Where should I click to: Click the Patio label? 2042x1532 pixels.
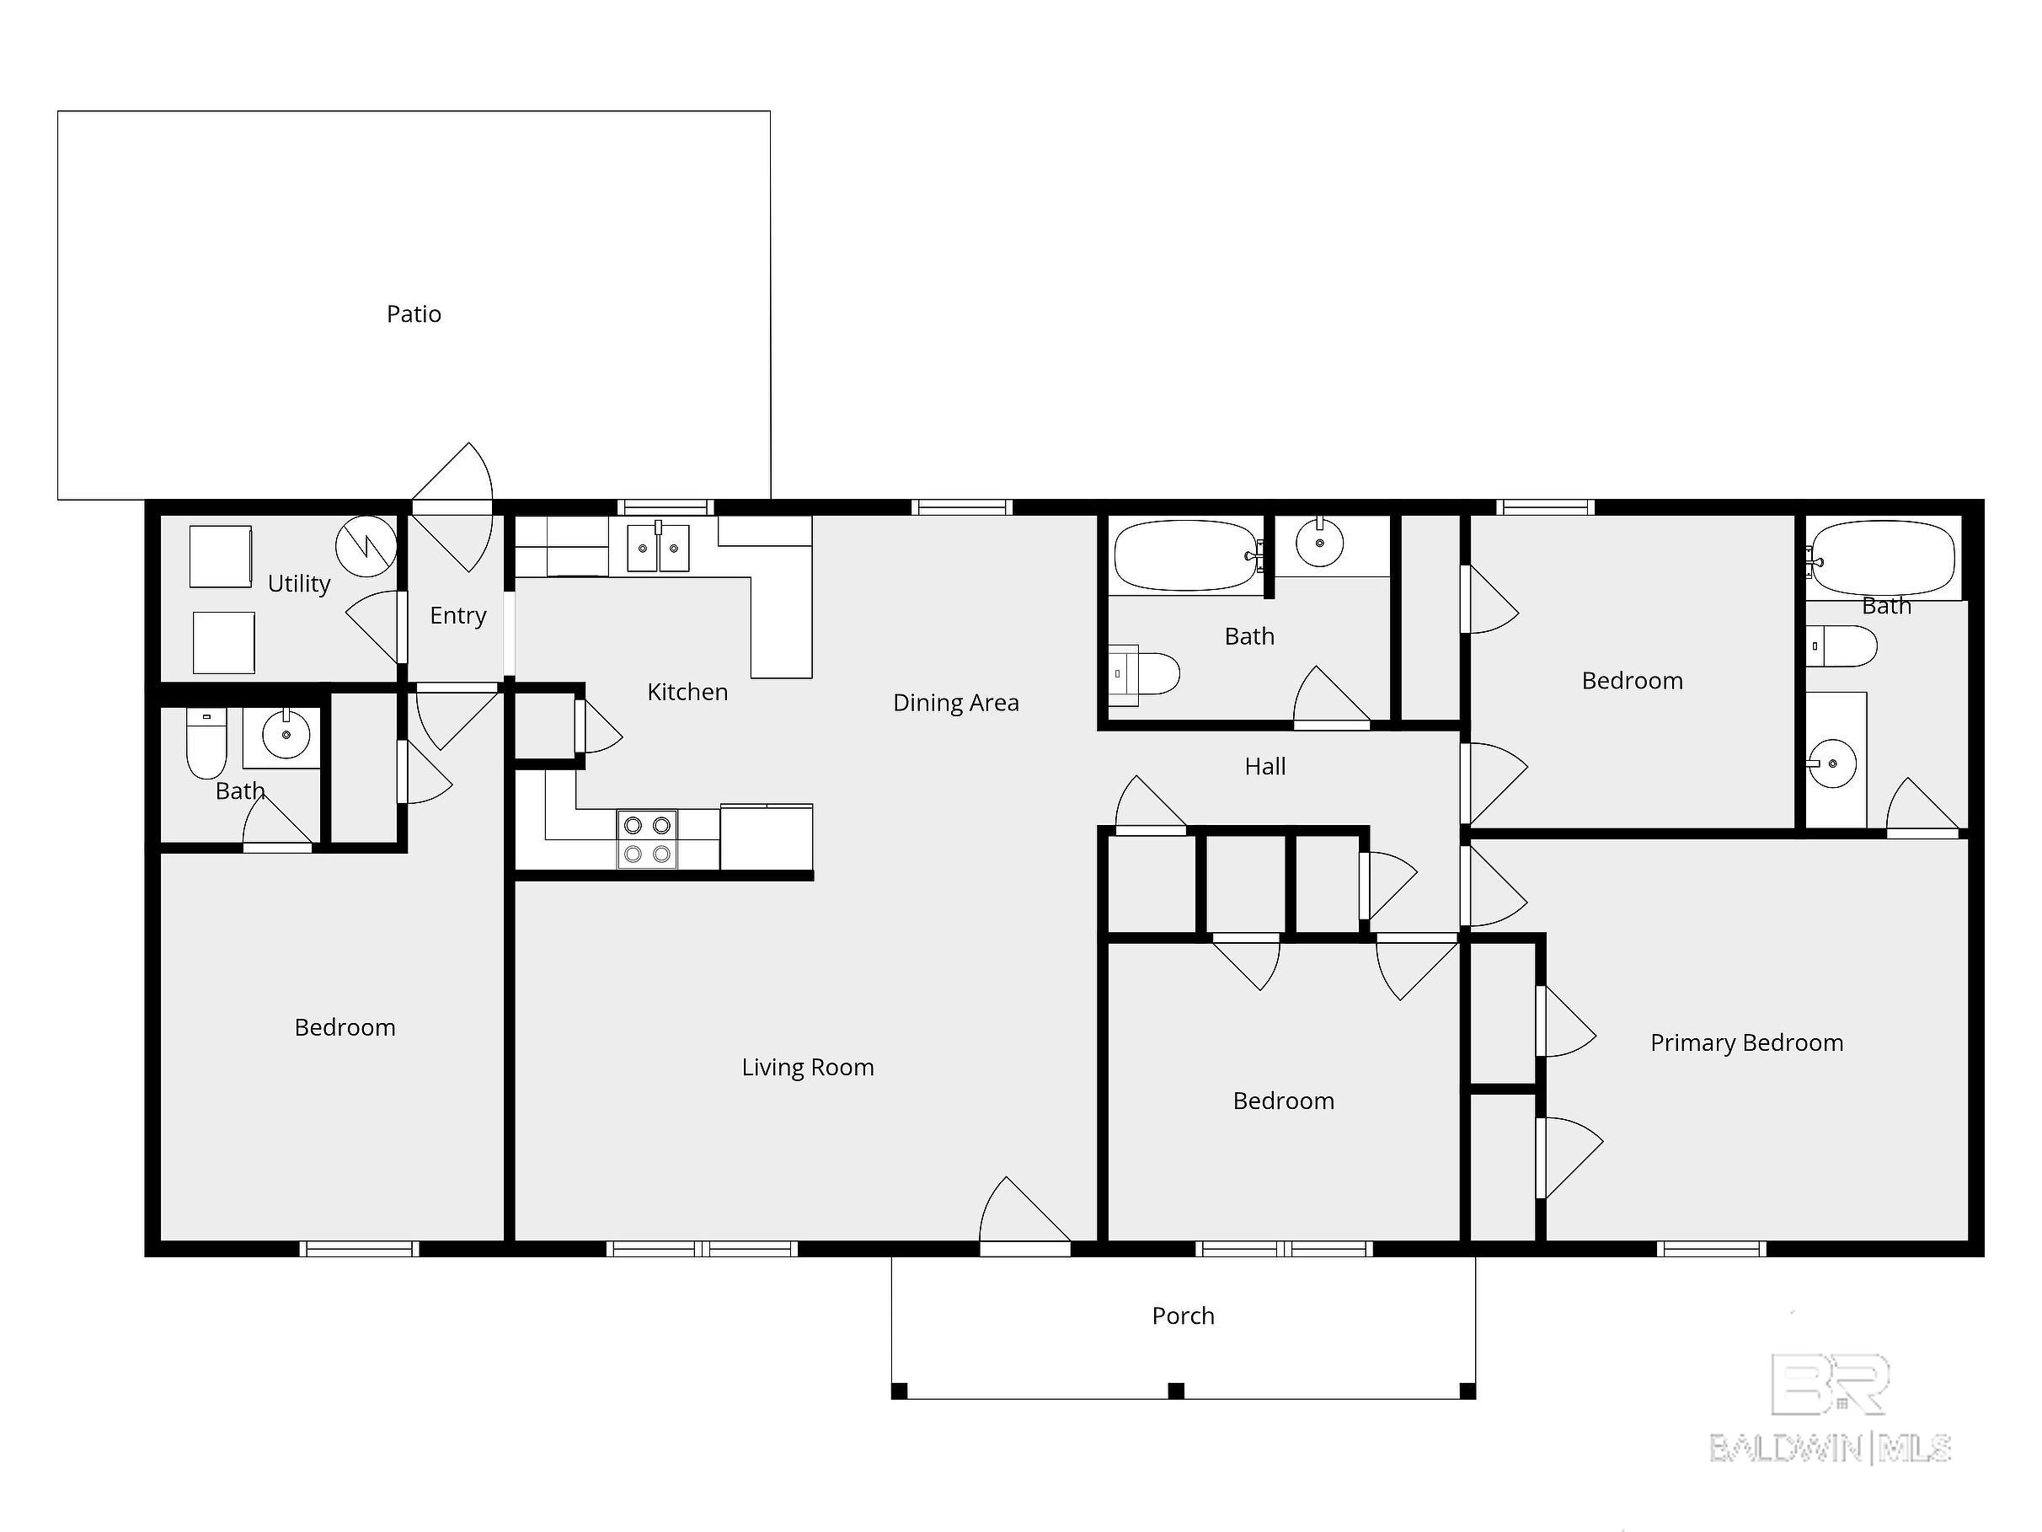point(414,314)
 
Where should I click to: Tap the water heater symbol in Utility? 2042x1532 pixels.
point(366,546)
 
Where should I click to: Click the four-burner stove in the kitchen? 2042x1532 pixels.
point(647,839)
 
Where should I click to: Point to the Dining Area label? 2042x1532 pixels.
point(955,703)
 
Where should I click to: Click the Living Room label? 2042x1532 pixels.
point(808,1068)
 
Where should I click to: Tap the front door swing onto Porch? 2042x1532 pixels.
point(1020,1215)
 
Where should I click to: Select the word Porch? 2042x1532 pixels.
point(1183,1316)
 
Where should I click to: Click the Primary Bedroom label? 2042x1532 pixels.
point(1746,1042)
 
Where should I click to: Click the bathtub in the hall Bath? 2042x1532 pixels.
point(1186,555)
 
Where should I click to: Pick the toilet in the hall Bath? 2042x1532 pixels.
point(1146,674)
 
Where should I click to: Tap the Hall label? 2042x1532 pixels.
point(1264,767)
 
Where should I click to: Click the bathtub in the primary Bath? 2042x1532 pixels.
point(1884,557)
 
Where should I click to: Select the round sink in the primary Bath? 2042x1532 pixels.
point(1832,763)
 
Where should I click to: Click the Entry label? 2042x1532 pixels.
point(458,615)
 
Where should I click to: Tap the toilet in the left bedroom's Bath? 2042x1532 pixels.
point(206,744)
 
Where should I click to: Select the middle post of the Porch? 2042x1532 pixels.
point(1176,1390)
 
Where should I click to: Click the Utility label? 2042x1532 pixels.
point(298,584)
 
